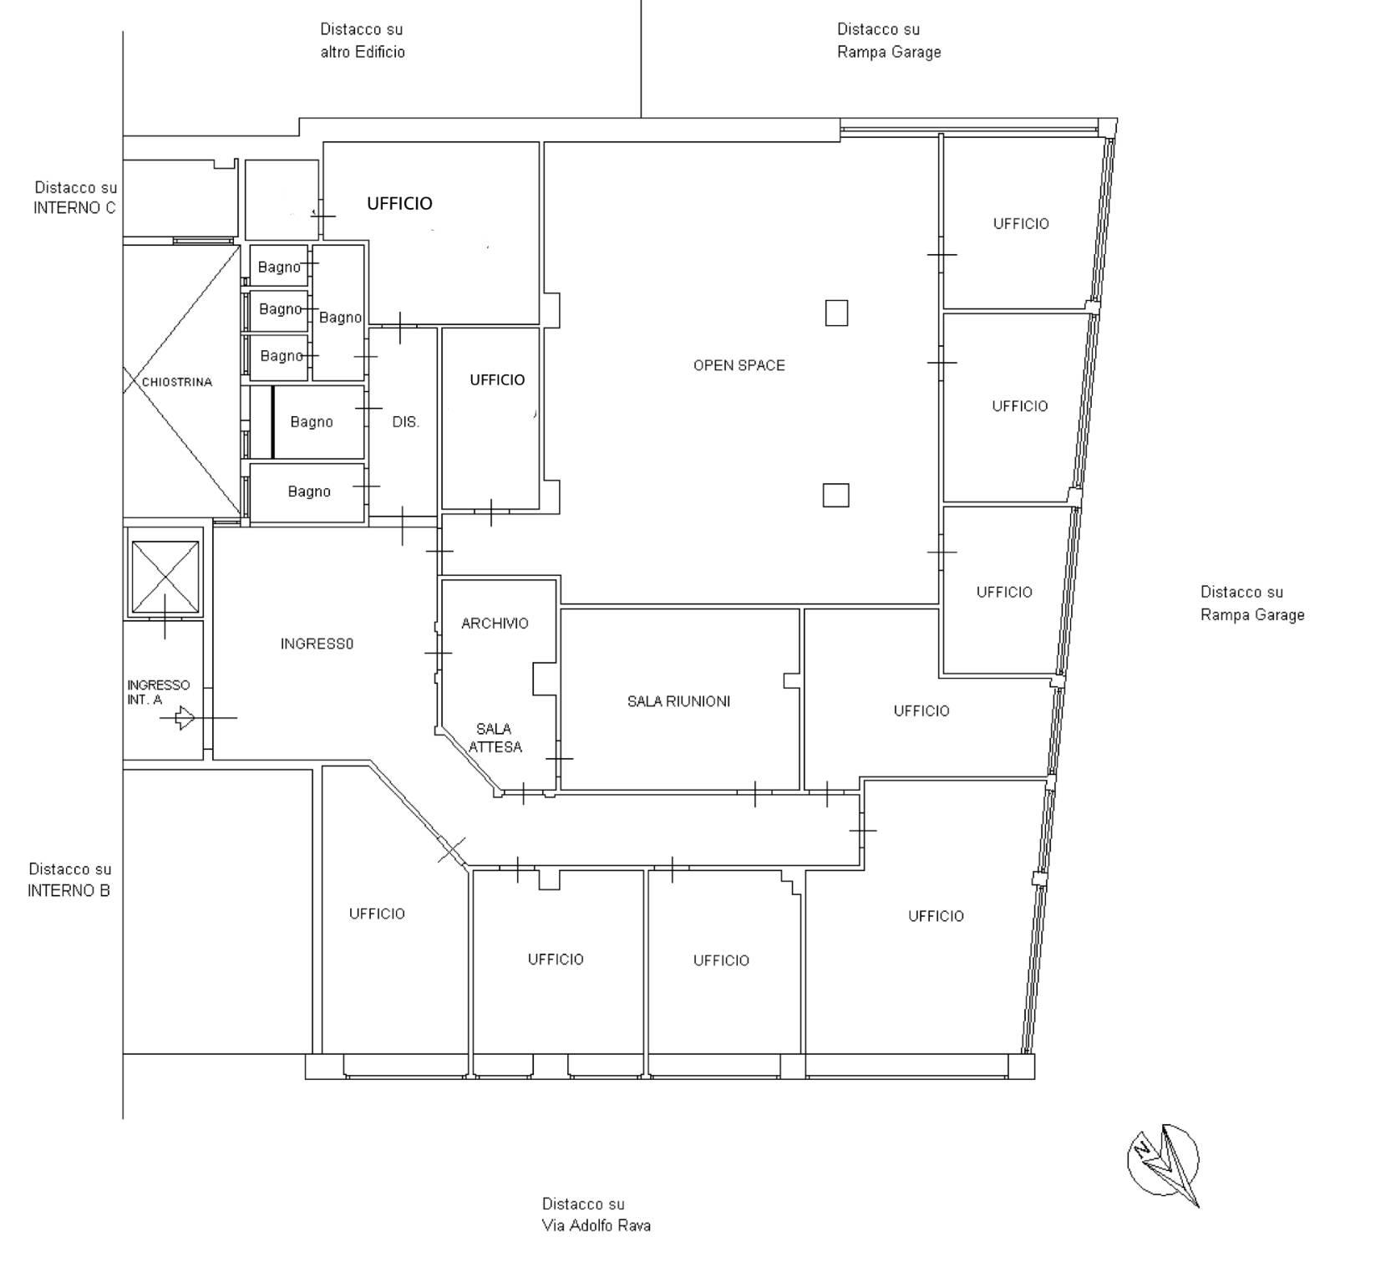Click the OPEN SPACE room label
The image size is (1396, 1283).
pos(739,365)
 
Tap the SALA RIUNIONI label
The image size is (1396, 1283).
pos(678,701)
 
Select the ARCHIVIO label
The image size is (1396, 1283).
pos(495,624)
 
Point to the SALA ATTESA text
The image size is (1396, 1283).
pos(495,738)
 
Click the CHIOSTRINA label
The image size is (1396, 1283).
pos(177,382)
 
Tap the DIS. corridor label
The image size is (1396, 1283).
pos(405,422)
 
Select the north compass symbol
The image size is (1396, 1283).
pos(1164,1163)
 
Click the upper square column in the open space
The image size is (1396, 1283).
pos(836,313)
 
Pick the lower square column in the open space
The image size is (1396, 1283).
pos(835,496)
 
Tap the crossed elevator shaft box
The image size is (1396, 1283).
pos(165,578)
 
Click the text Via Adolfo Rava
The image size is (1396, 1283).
pos(596,1226)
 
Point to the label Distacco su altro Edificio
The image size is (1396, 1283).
pos(363,40)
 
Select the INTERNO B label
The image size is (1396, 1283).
pos(69,891)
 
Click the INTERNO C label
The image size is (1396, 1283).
pos(74,208)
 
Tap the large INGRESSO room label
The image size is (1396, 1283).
pos(317,644)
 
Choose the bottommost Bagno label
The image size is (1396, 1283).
pos(309,491)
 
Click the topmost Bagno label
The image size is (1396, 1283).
pos(279,267)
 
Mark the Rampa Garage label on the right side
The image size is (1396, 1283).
pos(1252,615)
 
